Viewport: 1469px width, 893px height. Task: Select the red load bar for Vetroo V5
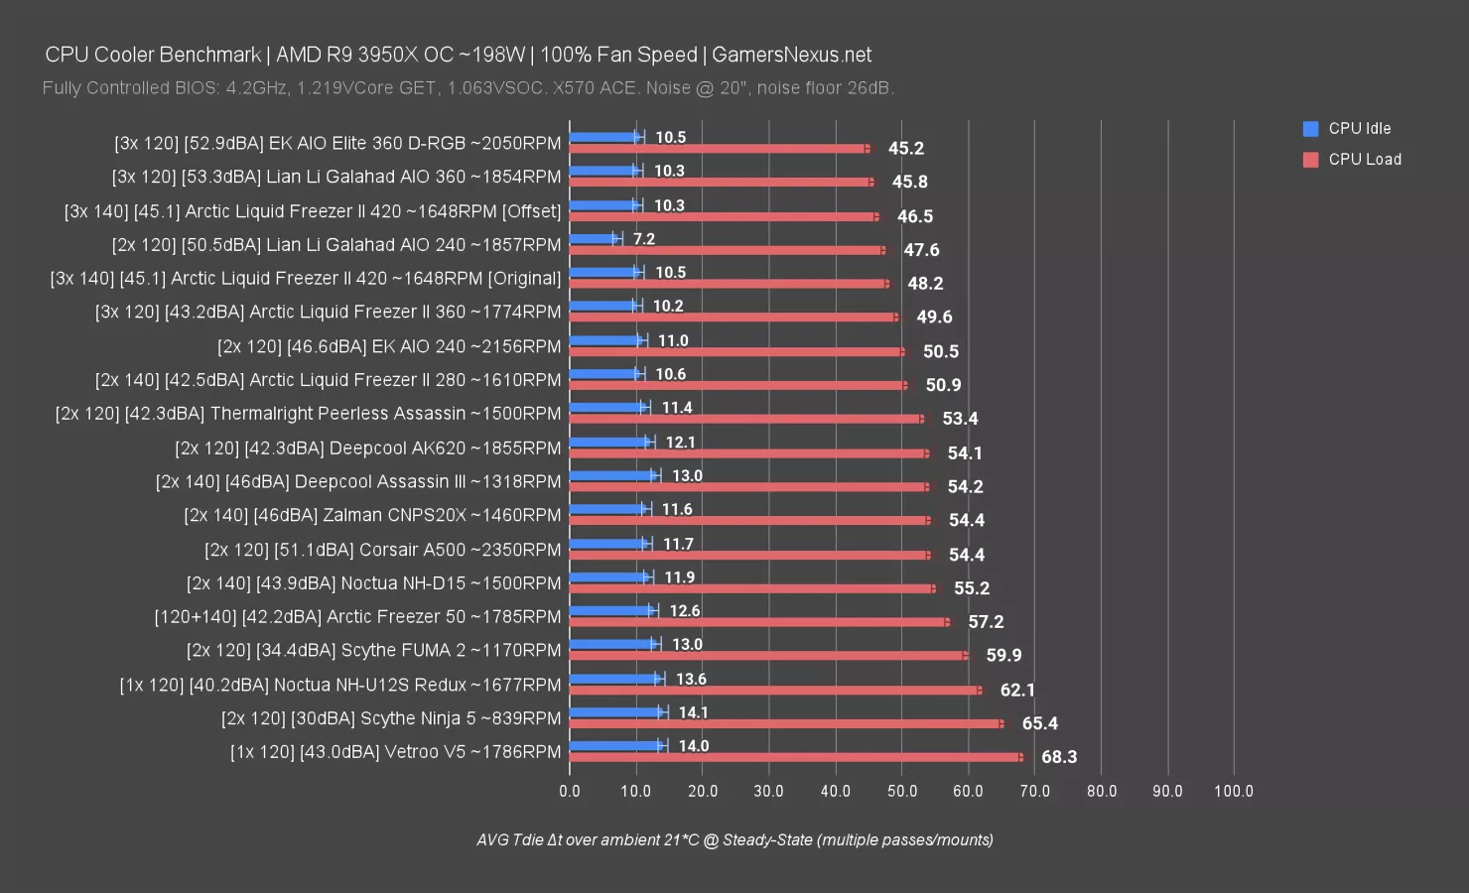point(794,757)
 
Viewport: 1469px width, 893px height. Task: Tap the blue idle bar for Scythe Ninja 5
point(615,711)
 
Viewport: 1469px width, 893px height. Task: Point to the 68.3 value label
point(1059,757)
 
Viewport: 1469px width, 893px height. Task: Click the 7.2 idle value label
point(644,238)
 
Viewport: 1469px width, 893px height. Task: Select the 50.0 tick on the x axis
point(902,791)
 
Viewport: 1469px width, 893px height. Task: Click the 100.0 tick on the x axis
point(1234,791)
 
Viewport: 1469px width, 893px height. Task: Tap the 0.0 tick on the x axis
point(570,791)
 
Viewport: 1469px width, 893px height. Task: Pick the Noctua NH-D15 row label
point(373,582)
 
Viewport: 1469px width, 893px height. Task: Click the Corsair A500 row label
point(382,549)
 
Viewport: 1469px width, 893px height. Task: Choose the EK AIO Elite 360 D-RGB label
point(337,143)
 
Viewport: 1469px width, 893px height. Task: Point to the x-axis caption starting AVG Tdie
point(734,839)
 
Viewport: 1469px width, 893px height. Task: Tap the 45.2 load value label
point(905,148)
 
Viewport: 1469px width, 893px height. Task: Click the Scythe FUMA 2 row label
point(373,650)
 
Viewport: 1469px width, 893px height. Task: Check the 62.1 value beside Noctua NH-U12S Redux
point(1017,690)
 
